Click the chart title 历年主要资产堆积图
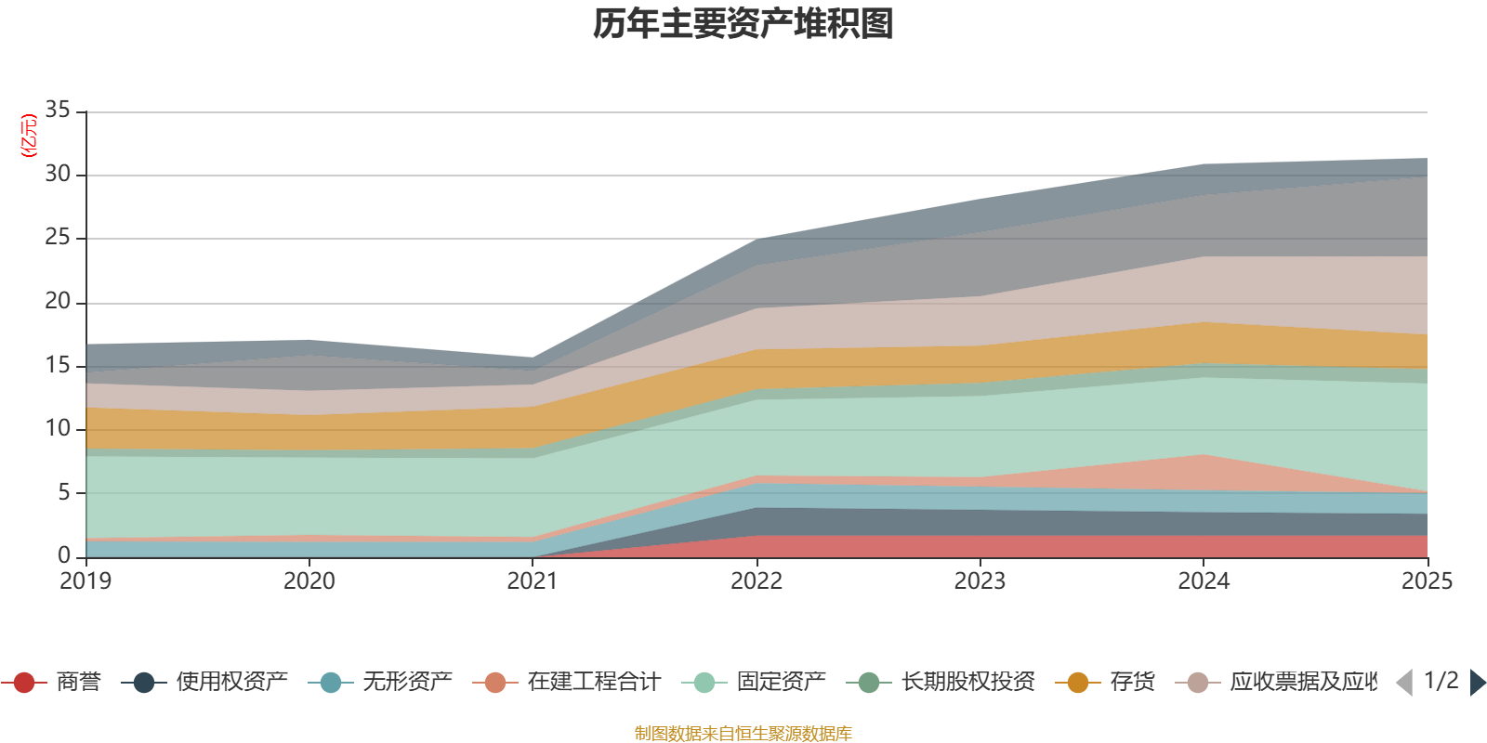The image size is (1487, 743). tap(743, 24)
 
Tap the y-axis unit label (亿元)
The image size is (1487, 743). tap(29, 136)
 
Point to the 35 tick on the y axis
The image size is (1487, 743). tap(58, 111)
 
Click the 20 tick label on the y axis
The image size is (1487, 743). tap(58, 301)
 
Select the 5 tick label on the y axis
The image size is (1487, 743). tap(64, 491)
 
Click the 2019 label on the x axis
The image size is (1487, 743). tap(86, 581)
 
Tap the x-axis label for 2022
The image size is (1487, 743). tap(757, 581)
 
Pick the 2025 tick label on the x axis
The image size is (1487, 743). tap(1427, 581)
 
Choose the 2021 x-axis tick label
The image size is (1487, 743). tap(533, 581)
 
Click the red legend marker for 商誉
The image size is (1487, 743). tap(24, 683)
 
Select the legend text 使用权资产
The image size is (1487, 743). tap(231, 683)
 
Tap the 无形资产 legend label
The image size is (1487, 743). tap(407, 683)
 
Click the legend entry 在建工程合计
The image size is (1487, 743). tap(593, 683)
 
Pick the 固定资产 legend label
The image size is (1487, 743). tap(781, 683)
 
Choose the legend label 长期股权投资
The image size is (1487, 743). tap(967, 683)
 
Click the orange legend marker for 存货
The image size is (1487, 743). tap(1078, 683)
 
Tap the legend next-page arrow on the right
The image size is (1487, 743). tap(1478, 683)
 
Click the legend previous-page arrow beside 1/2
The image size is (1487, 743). tap(1404, 683)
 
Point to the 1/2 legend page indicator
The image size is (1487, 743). tap(1441, 681)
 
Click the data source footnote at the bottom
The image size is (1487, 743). tap(743, 734)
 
